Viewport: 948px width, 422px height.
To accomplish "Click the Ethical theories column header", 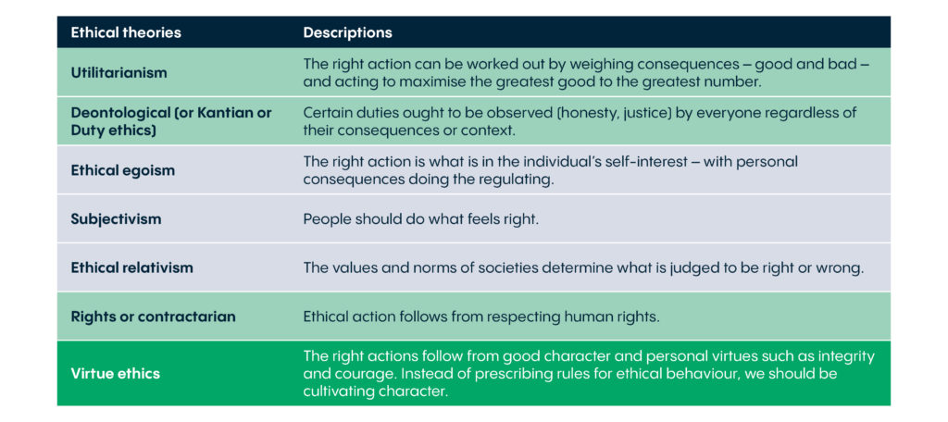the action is tap(126, 32).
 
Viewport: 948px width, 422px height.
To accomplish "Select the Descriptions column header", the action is tap(348, 32).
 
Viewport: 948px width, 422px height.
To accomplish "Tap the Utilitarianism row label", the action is tap(119, 72).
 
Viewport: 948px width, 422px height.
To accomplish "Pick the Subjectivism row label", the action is tap(116, 218).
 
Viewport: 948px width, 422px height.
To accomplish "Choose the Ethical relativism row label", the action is tap(131, 267).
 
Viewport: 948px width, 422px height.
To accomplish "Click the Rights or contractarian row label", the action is tap(153, 316).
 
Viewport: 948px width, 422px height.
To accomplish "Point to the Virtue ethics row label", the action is tap(116, 373).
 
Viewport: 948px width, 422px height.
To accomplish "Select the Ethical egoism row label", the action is tap(123, 170).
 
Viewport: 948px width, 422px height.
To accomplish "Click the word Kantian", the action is tap(226, 113).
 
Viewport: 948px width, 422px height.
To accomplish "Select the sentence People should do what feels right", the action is tap(421, 218).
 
